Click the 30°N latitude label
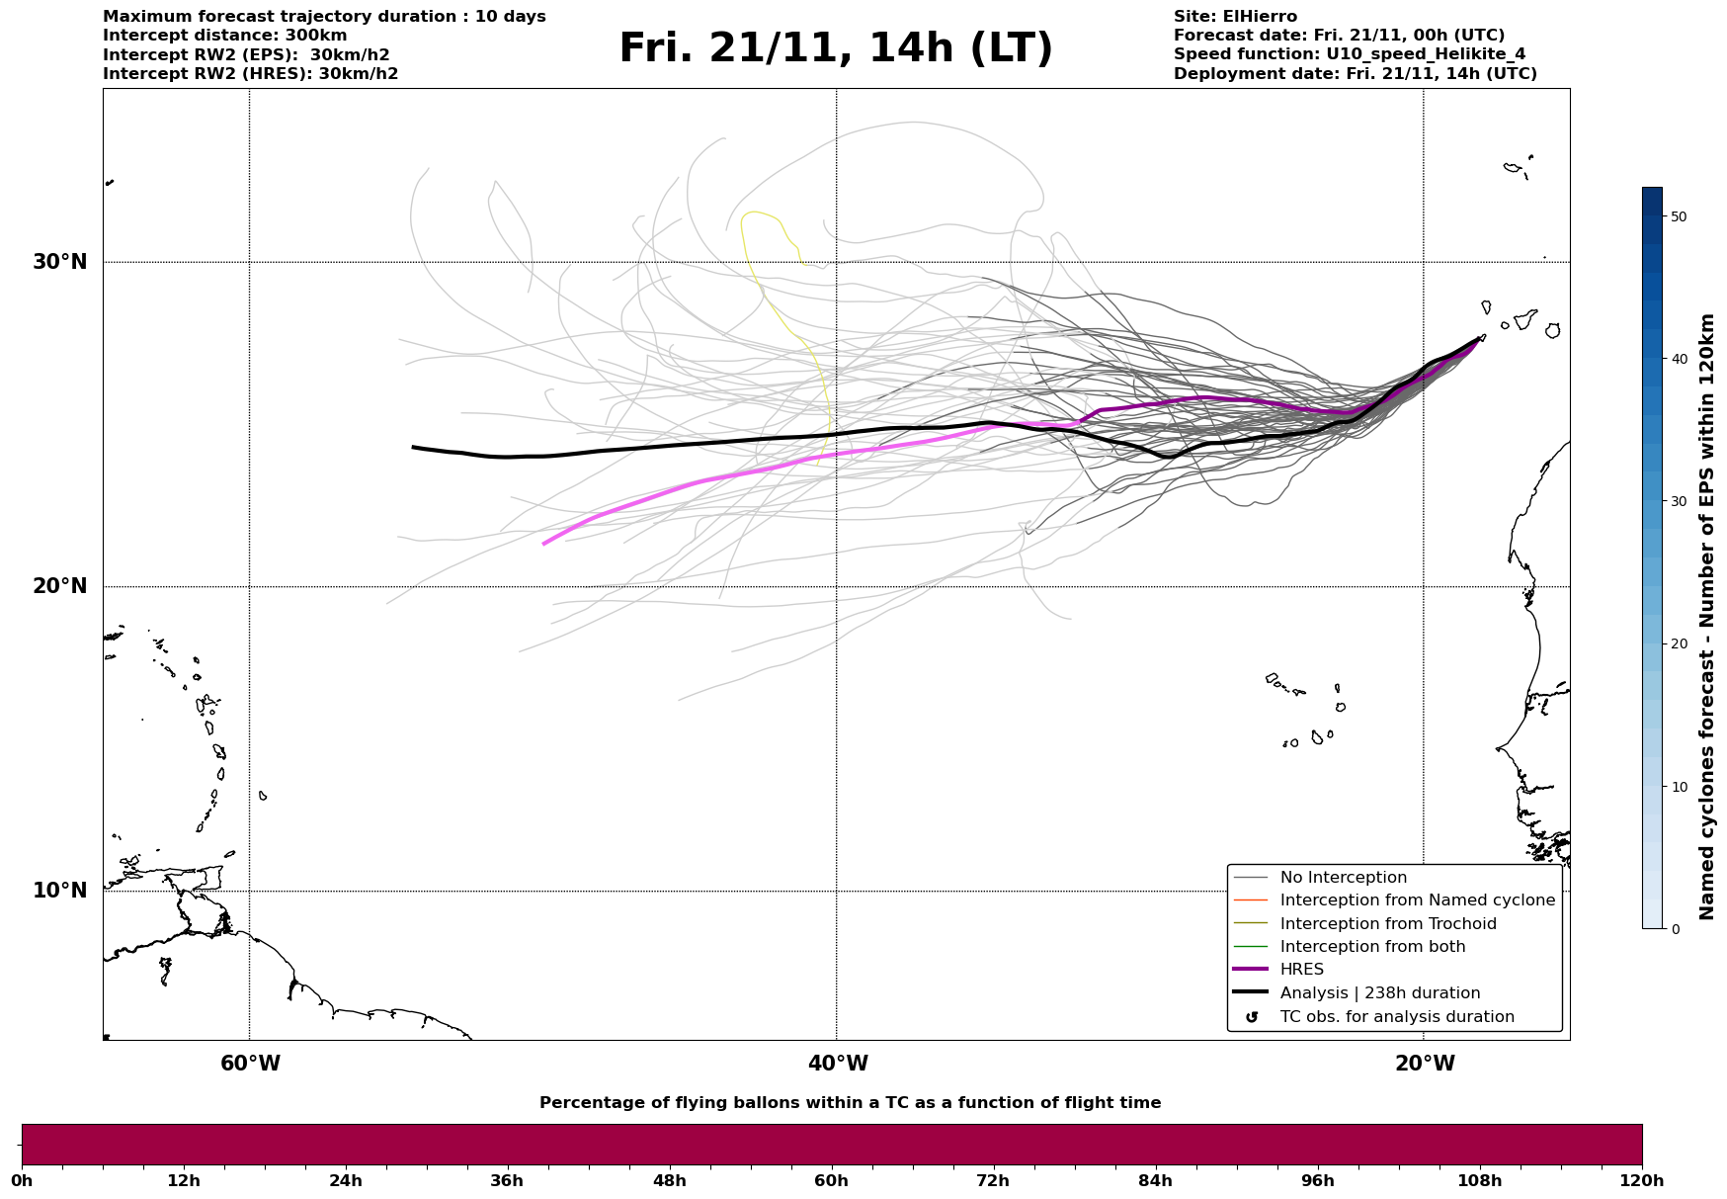pyautogui.click(x=59, y=262)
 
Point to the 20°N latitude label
pyautogui.click(x=59, y=586)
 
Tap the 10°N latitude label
pyautogui.click(x=59, y=891)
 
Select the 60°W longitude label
pyautogui.click(x=250, y=1064)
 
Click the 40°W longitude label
pyautogui.click(x=838, y=1064)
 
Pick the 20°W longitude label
pyautogui.click(x=1425, y=1064)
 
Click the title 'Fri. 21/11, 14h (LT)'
pyautogui.click(x=836, y=48)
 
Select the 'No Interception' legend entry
pyautogui.click(x=1343, y=878)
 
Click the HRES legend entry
pyautogui.click(x=1301, y=970)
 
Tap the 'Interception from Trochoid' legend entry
pyautogui.click(x=1387, y=924)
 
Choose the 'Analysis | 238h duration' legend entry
pyautogui.click(x=1379, y=993)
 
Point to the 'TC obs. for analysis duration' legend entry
pyautogui.click(x=1396, y=1017)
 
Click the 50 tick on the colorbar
pyautogui.click(x=1678, y=216)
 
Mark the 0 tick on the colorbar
pyautogui.click(x=1674, y=929)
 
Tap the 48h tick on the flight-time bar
pyautogui.click(x=669, y=1180)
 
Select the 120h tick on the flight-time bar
pyautogui.click(x=1641, y=1180)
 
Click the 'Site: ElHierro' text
pyautogui.click(x=1235, y=17)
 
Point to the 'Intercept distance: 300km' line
pyautogui.click(x=225, y=36)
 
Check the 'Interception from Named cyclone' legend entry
pyautogui.click(x=1417, y=900)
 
